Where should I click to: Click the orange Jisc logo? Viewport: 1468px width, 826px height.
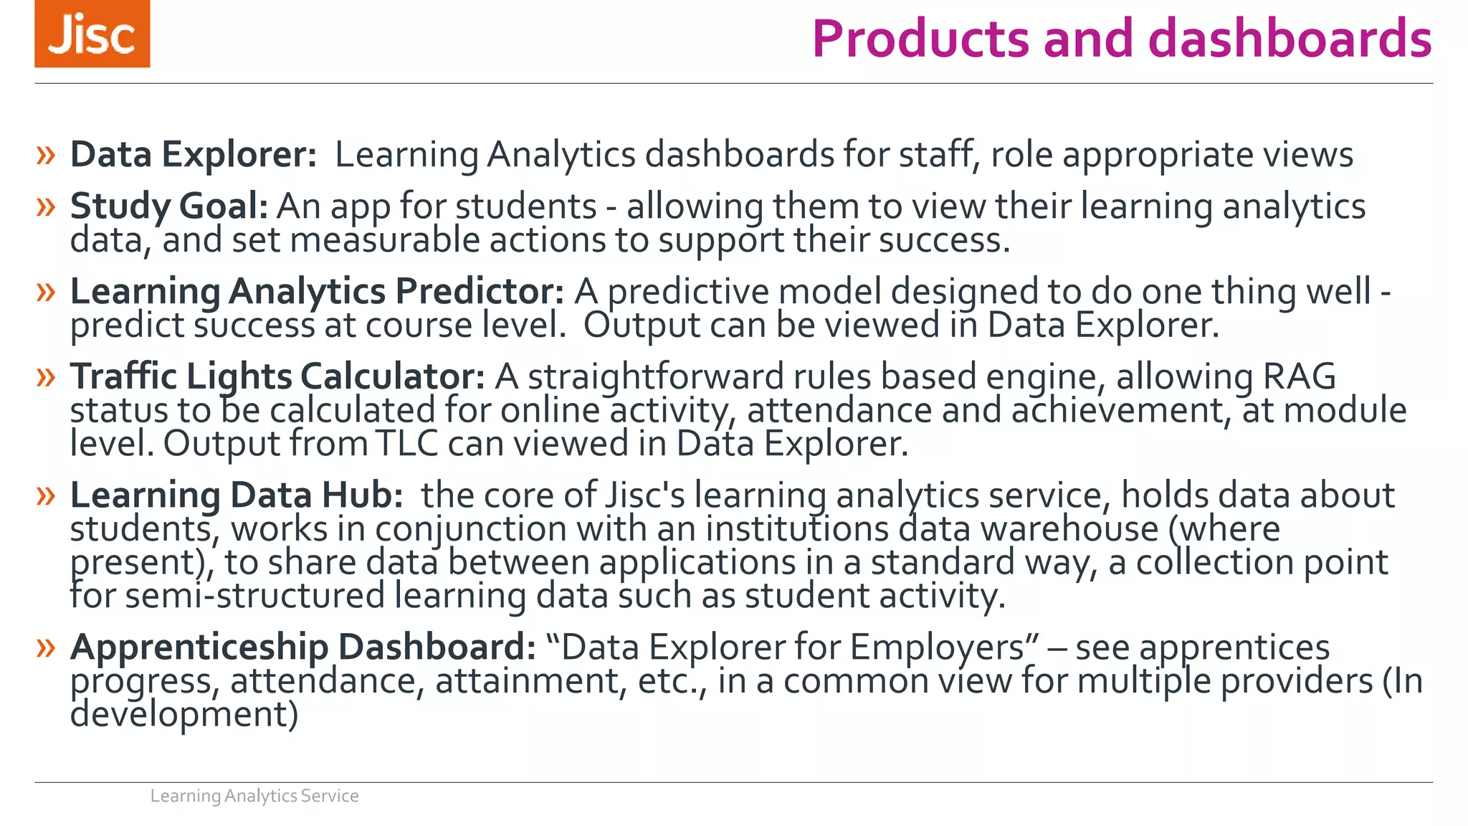92,34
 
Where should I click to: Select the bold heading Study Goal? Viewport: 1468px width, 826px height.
169,206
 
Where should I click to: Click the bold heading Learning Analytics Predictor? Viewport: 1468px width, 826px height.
317,292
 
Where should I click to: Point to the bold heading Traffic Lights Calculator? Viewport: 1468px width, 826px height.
277,377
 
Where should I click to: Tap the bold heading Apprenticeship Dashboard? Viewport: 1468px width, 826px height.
302,647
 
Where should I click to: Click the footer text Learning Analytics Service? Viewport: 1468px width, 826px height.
254,796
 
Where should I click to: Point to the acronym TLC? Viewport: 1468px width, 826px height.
406,444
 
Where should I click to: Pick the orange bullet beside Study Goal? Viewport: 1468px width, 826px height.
46,207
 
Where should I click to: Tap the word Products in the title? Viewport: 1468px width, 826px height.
921,39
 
